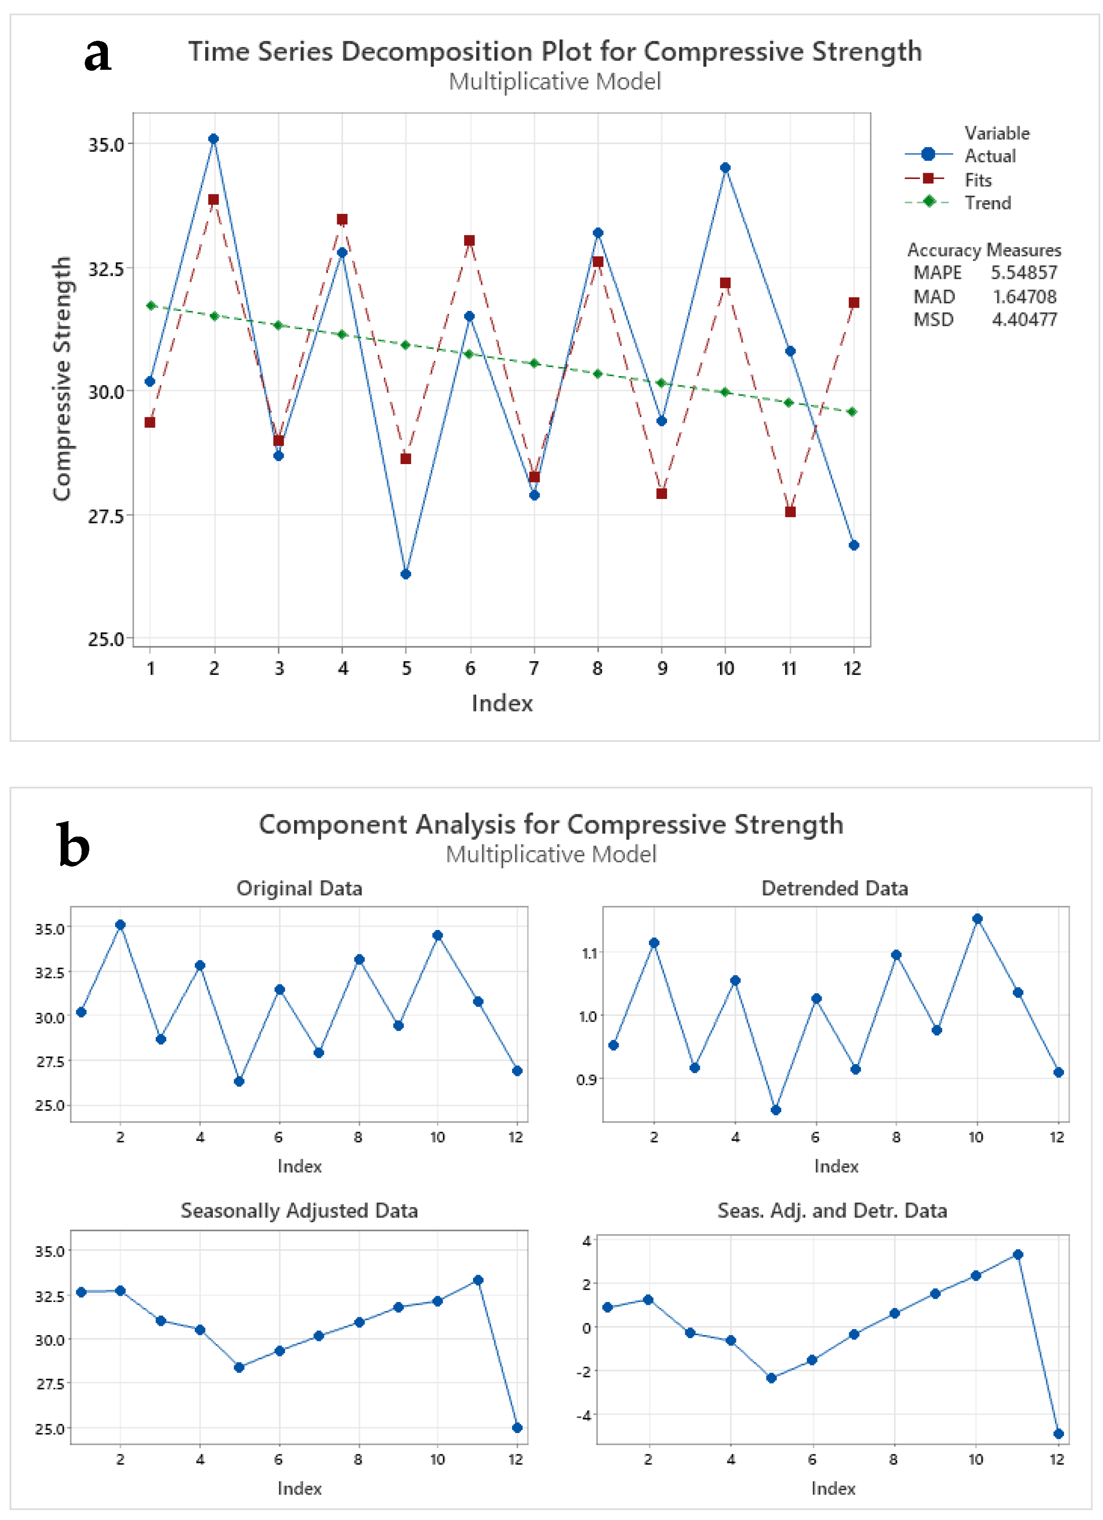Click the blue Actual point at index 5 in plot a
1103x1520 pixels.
point(406,574)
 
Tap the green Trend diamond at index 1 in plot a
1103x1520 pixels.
point(151,305)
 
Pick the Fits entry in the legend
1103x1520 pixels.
point(977,179)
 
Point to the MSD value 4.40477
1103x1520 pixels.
point(1024,319)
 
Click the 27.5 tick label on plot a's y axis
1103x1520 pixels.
point(106,515)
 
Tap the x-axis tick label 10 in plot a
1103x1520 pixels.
point(725,668)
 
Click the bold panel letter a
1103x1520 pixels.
point(98,55)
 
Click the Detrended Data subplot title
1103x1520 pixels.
point(834,889)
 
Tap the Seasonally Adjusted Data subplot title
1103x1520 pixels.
point(299,1210)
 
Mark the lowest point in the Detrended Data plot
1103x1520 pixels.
point(775,1110)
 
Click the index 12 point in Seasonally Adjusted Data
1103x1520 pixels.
point(517,1428)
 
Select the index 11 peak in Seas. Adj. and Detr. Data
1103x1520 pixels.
point(1017,1254)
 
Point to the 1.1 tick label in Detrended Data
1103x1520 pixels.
point(589,953)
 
